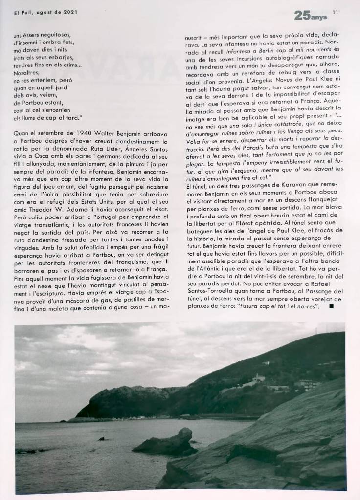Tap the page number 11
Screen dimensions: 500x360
tap(335, 12)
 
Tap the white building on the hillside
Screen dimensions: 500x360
tap(259, 378)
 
